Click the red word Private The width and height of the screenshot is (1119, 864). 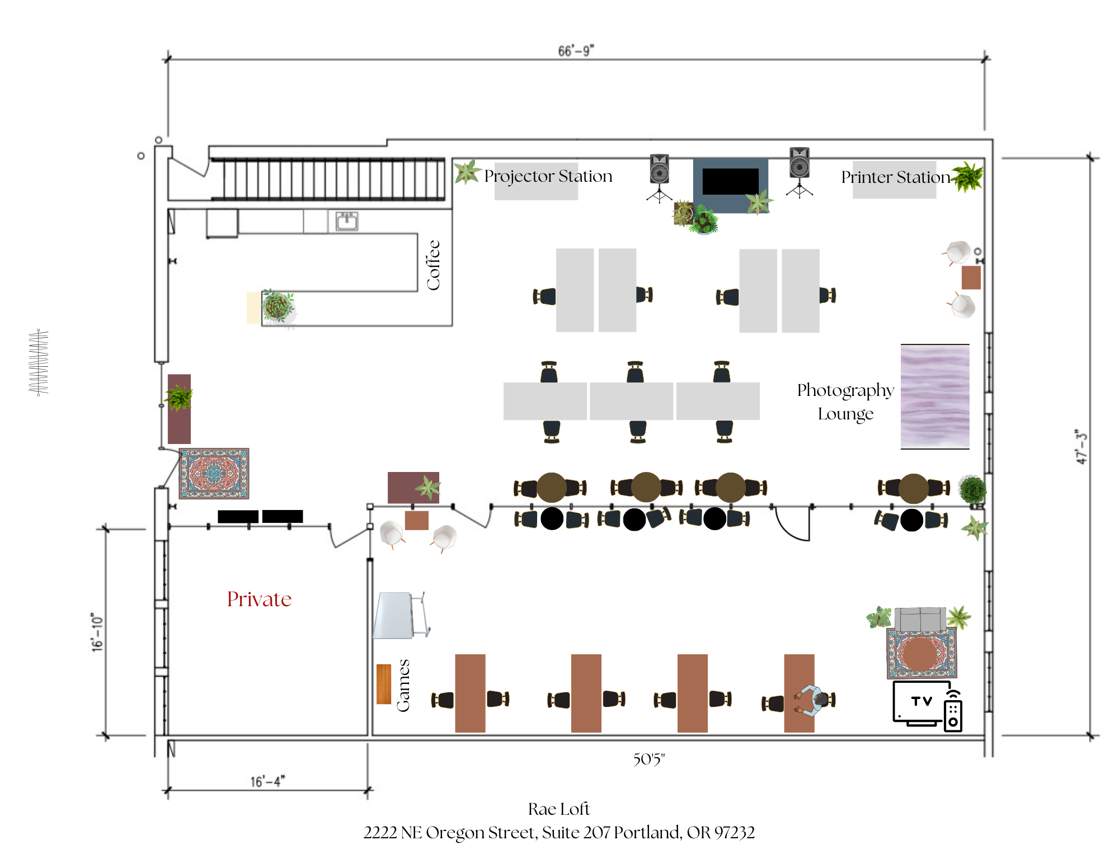click(x=259, y=599)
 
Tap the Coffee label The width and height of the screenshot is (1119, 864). click(x=433, y=265)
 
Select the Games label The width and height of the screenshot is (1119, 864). click(x=403, y=686)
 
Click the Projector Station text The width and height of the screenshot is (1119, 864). click(x=548, y=176)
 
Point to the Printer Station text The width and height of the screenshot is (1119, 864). click(x=895, y=177)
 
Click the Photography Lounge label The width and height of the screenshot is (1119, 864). click(x=845, y=402)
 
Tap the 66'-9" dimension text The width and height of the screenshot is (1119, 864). click(x=576, y=51)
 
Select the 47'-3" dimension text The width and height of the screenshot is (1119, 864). click(x=1081, y=447)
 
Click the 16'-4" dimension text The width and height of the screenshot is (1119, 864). click(x=267, y=781)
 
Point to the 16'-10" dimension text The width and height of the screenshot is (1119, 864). click(x=97, y=632)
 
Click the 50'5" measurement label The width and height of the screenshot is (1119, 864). click(x=648, y=759)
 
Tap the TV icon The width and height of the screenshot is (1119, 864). click(x=921, y=702)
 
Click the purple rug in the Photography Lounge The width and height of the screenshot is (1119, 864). click(x=934, y=396)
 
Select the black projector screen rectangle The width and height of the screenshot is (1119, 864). click(x=730, y=181)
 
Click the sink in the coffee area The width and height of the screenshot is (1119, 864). click(x=346, y=221)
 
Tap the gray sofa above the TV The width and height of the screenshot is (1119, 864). click(x=920, y=619)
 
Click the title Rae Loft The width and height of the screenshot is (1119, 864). click(x=558, y=809)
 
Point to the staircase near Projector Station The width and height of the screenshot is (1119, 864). click(x=328, y=178)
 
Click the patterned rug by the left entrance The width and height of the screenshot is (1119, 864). click(x=214, y=473)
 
